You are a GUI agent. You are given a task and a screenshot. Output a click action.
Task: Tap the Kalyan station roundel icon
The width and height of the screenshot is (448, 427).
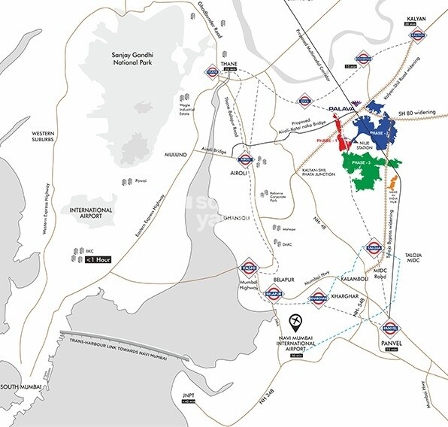[419, 34]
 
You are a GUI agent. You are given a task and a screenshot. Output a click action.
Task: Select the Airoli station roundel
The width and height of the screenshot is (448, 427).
[244, 159]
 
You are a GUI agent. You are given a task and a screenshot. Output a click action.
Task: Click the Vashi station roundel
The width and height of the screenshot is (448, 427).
[248, 268]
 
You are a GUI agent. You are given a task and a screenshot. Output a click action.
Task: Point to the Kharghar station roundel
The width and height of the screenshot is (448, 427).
[319, 296]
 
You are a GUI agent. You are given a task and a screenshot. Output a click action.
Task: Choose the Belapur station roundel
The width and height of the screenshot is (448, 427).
[274, 295]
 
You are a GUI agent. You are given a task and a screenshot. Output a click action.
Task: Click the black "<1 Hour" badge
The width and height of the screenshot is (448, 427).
[98, 260]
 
